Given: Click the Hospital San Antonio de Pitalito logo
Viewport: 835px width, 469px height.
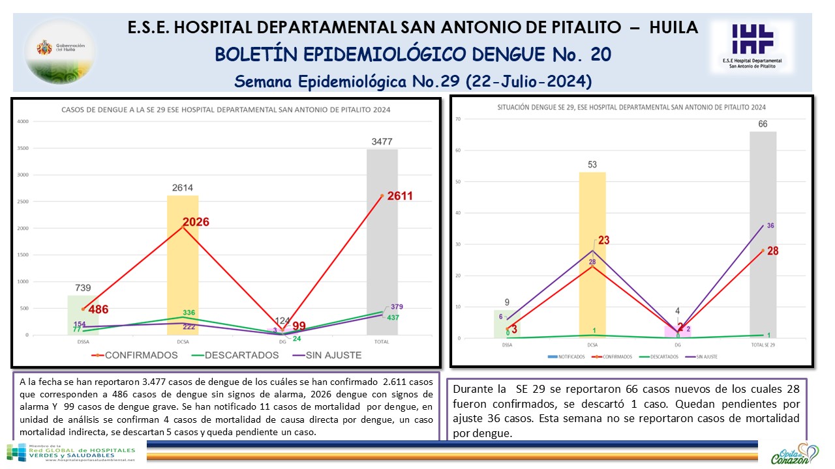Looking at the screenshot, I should (x=751, y=46).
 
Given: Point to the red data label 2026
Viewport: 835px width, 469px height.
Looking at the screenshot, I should (x=195, y=222).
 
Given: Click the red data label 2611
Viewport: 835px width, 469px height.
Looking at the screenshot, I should (x=399, y=196).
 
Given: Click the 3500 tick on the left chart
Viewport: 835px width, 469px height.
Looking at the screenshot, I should (x=23, y=149).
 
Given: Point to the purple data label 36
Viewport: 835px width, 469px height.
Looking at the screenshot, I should (x=770, y=226).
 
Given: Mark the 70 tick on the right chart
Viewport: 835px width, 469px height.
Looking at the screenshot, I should (x=459, y=119).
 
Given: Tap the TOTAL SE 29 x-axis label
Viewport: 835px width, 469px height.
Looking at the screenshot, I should (x=763, y=343).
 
